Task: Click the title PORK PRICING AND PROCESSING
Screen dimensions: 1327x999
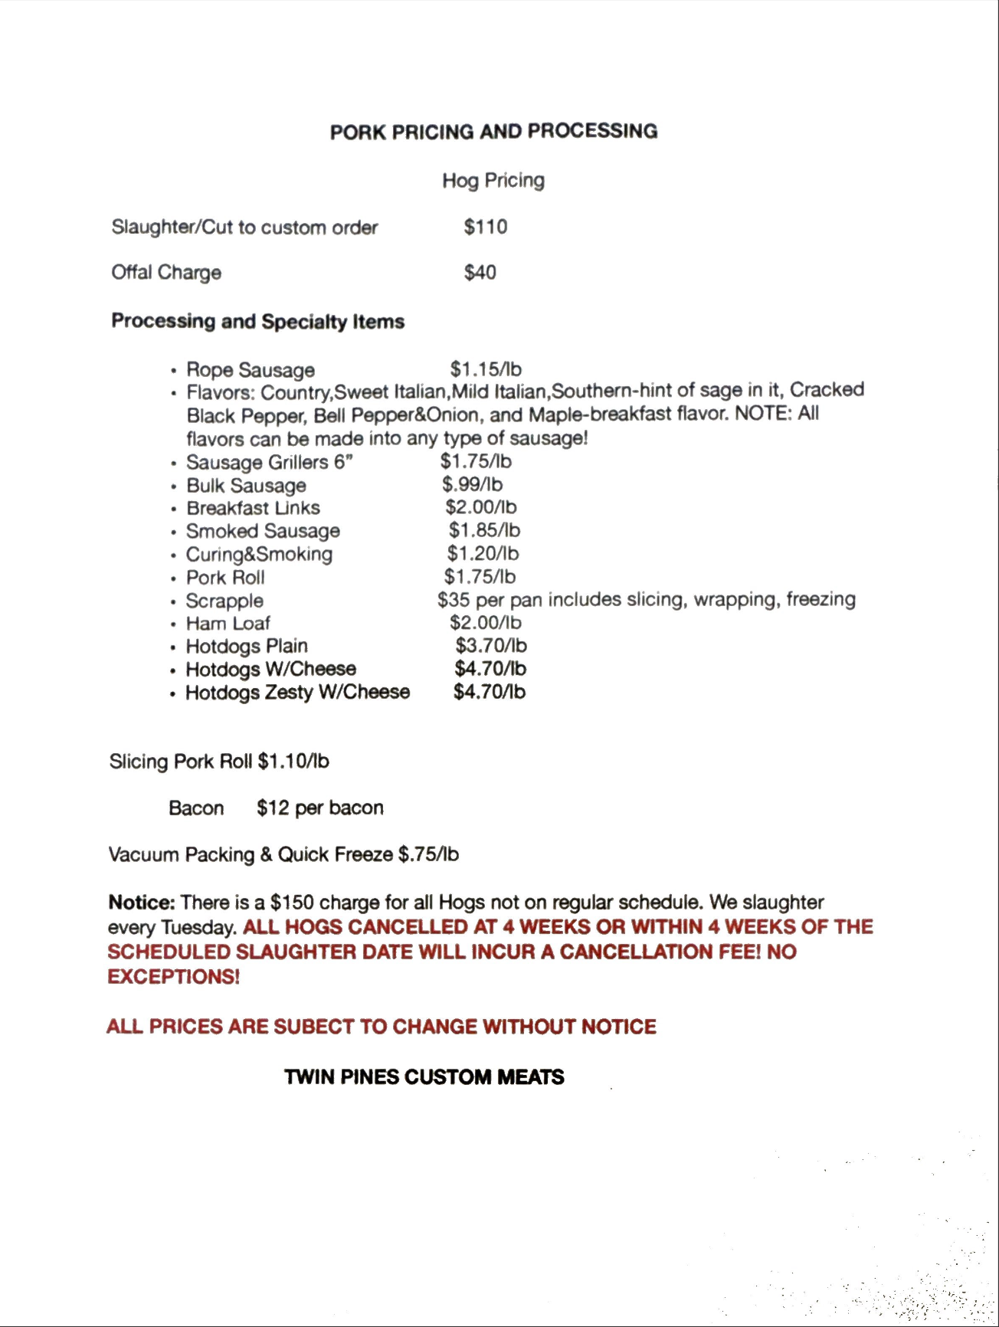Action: click(493, 131)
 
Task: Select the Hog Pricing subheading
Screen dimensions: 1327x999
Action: click(493, 181)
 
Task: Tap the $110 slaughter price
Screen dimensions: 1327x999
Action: click(485, 227)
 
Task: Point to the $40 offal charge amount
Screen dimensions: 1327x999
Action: click(480, 273)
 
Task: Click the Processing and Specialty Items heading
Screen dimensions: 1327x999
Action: click(257, 321)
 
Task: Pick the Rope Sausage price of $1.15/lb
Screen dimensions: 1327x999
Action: click(486, 369)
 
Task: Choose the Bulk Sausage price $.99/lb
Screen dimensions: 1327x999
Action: click(472, 484)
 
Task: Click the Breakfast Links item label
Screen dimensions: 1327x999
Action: click(253, 508)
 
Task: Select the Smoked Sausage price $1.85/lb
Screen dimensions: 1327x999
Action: click(484, 530)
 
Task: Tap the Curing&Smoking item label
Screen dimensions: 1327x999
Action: click(259, 554)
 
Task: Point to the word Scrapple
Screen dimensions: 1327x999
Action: click(224, 601)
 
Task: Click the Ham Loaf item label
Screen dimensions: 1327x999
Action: click(228, 624)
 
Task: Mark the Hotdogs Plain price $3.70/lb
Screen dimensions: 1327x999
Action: click(491, 646)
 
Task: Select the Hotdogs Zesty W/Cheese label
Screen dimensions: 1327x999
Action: click(297, 693)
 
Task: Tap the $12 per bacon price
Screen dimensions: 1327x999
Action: click(320, 808)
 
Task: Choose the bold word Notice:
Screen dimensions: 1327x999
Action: click(142, 903)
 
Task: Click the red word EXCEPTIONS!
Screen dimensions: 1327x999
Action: click(173, 977)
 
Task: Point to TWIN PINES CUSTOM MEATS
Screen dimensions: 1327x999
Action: click(424, 1077)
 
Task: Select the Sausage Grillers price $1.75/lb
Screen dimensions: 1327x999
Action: click(476, 461)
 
